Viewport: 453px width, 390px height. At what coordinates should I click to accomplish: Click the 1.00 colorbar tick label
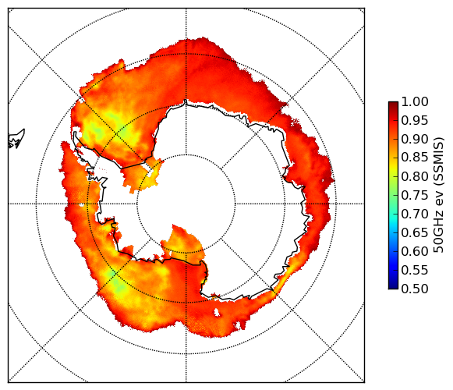coord(415,102)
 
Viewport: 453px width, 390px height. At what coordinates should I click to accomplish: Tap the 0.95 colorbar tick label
coord(415,121)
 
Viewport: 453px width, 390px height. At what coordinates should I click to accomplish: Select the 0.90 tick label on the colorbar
coord(415,140)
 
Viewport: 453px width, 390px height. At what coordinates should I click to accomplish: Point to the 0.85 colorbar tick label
coord(415,158)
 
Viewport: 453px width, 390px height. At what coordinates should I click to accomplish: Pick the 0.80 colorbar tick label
coord(415,176)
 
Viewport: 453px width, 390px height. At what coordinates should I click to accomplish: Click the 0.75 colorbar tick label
coord(415,196)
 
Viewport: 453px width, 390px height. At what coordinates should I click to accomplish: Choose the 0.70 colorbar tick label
coord(415,214)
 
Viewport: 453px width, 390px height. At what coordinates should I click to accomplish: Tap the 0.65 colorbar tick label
coord(415,232)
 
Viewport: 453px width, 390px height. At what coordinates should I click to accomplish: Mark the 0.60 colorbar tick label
coord(415,251)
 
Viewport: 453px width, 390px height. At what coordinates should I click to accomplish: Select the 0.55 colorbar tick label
coord(415,271)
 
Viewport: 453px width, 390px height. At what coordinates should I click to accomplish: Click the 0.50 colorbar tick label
coord(415,289)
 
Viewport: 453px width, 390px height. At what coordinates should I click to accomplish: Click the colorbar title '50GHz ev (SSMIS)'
coord(438,196)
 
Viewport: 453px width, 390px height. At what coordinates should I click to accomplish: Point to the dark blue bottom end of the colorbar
coord(393,287)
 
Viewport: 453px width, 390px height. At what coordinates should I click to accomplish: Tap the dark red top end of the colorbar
coord(393,104)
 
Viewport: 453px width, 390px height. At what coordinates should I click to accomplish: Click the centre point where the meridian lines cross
coord(186,204)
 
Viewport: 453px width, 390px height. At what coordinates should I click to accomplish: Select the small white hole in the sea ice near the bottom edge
coord(217,312)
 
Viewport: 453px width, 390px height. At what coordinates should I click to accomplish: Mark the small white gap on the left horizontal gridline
coord(82,205)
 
